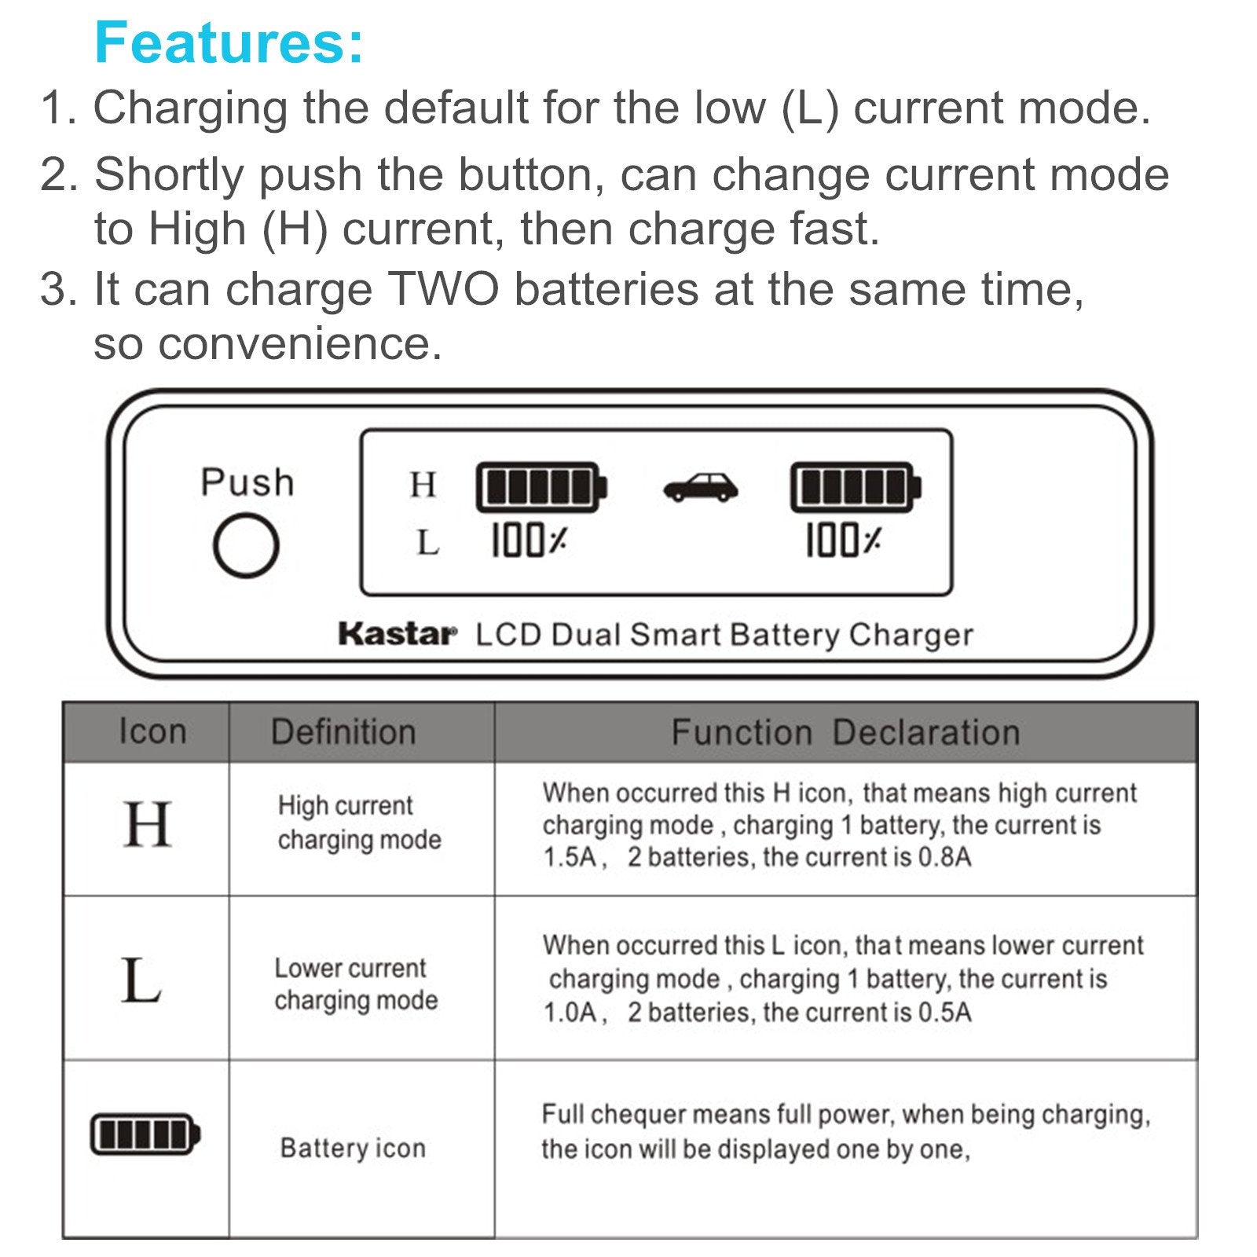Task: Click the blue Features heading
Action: [229, 42]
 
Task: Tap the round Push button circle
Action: [246, 544]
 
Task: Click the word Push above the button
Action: [247, 482]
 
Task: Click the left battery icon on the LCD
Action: [541, 487]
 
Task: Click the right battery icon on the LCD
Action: [856, 487]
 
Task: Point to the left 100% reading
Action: [529, 541]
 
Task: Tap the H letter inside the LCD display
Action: [423, 485]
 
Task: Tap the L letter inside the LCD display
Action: [427, 542]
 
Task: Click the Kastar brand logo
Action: [397, 634]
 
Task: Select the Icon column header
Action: [152, 731]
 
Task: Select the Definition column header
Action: [343, 731]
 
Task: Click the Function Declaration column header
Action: [845, 731]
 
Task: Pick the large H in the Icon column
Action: [148, 825]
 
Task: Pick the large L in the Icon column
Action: [141, 980]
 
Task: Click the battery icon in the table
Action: [145, 1134]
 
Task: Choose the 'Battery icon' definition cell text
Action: [353, 1148]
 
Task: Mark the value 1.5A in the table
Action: [570, 857]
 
